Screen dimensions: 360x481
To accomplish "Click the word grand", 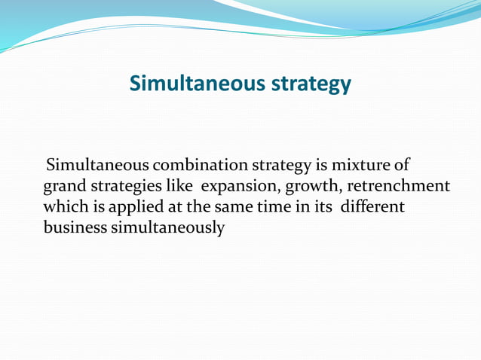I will click(x=63, y=186).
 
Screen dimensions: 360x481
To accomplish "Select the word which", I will click(x=65, y=206).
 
